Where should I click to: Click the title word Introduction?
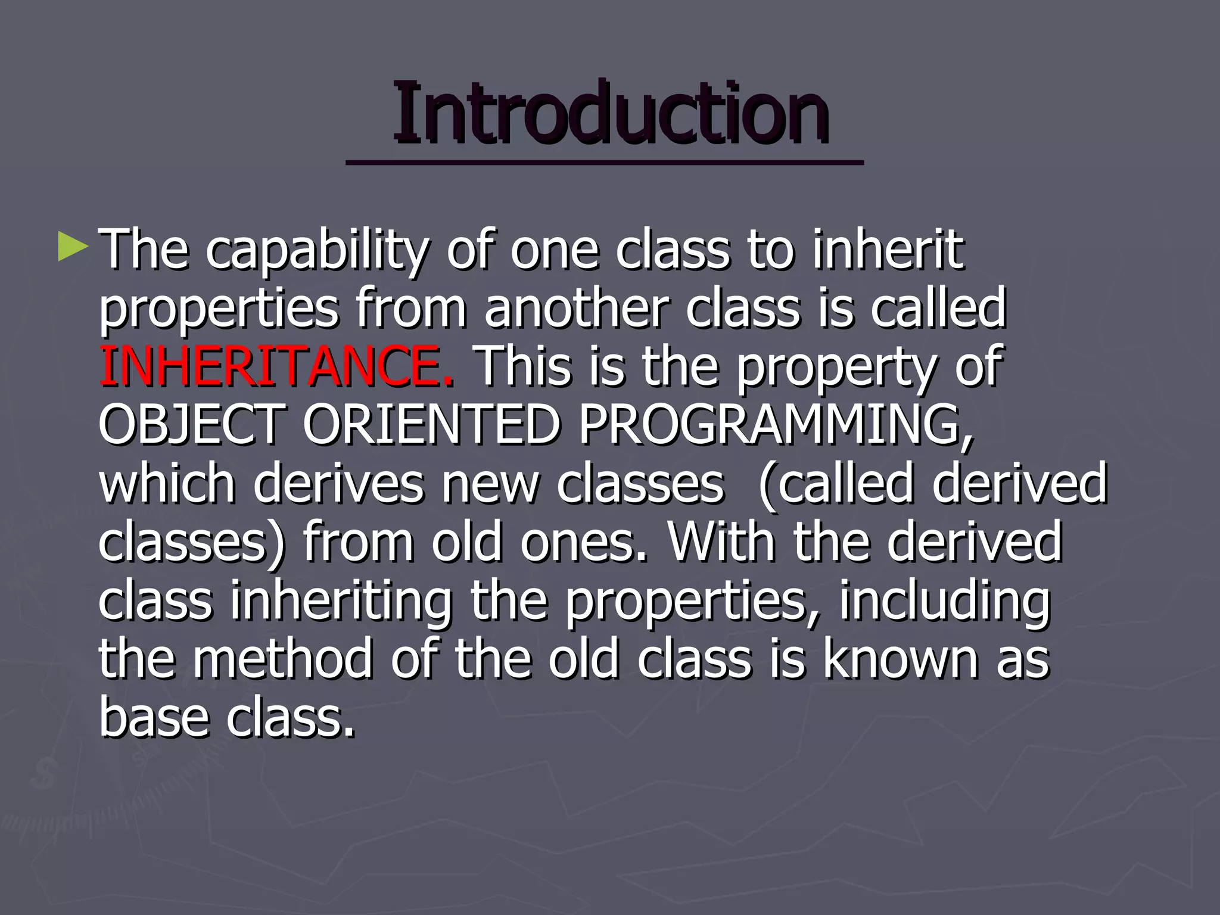tap(610, 113)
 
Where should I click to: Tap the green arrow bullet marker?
tap(73, 250)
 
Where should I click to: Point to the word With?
tap(720, 541)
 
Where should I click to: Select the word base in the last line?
tap(152, 717)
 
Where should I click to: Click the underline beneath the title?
tap(604, 162)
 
